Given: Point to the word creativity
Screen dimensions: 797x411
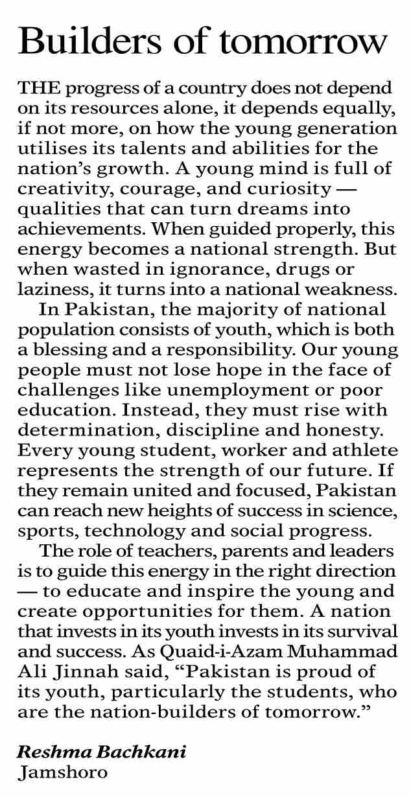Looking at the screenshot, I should click(x=62, y=189).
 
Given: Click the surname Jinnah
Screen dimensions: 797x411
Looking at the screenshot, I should click(x=85, y=673).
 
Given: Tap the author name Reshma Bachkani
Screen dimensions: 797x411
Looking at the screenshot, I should click(x=101, y=753).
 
